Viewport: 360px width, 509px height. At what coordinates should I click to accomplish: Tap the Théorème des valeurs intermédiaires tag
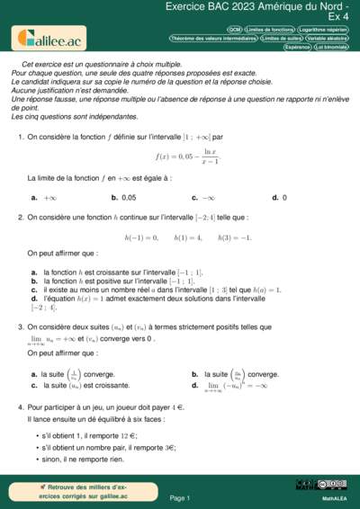(x=213, y=40)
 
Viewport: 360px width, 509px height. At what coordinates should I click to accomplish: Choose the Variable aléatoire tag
(x=328, y=40)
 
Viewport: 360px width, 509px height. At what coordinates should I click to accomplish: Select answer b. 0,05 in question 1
(x=123, y=197)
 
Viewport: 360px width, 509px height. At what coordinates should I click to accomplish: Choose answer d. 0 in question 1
(x=279, y=197)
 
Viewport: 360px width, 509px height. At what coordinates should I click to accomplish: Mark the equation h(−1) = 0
(x=140, y=237)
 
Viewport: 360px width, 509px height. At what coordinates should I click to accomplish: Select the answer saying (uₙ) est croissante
(x=77, y=386)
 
